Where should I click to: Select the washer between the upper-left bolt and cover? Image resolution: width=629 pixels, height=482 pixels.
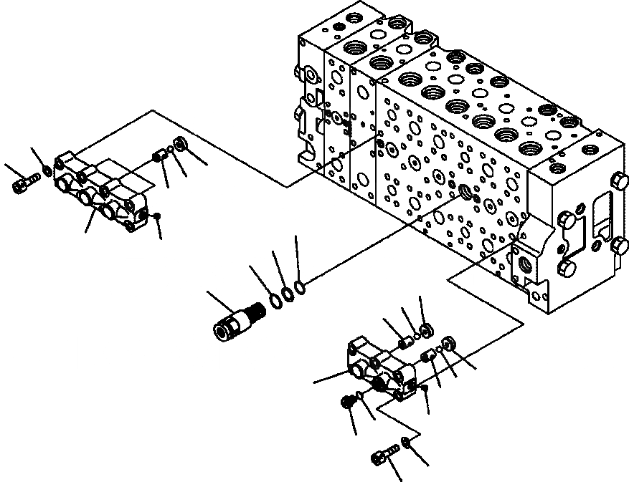coord(47,170)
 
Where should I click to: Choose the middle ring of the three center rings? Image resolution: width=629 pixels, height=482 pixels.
coord(287,294)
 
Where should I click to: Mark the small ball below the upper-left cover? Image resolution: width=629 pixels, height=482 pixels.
coord(157,215)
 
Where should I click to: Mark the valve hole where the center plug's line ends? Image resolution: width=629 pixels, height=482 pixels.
coord(468,191)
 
